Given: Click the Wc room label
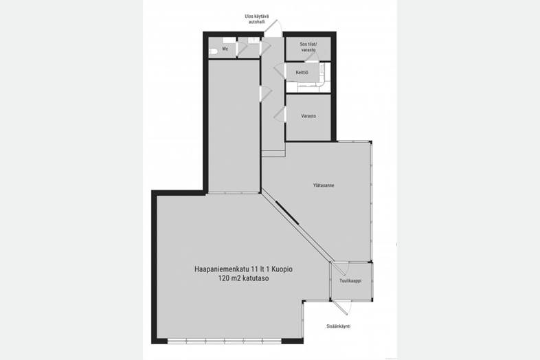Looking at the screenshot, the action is [x=225, y=49].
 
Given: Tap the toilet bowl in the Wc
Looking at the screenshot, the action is [x=213, y=52].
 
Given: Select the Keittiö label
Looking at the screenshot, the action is [x=302, y=73].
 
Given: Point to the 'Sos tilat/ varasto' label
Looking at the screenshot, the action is [x=308, y=47].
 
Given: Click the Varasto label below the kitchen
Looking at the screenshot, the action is [x=308, y=116].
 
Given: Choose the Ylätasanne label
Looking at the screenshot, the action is [x=324, y=185].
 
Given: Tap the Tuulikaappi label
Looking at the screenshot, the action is [x=350, y=281].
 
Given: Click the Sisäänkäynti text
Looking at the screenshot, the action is [x=339, y=326].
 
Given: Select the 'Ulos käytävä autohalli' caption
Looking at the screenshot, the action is [x=257, y=19].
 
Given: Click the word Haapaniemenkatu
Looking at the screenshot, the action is [x=222, y=269].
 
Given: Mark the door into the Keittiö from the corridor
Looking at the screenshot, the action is [x=280, y=71].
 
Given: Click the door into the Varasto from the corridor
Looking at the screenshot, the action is [x=280, y=114].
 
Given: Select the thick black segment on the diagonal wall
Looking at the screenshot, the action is [x=287, y=213].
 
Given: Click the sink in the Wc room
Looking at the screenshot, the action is [x=229, y=41].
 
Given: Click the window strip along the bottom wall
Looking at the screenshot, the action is [x=224, y=341].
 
